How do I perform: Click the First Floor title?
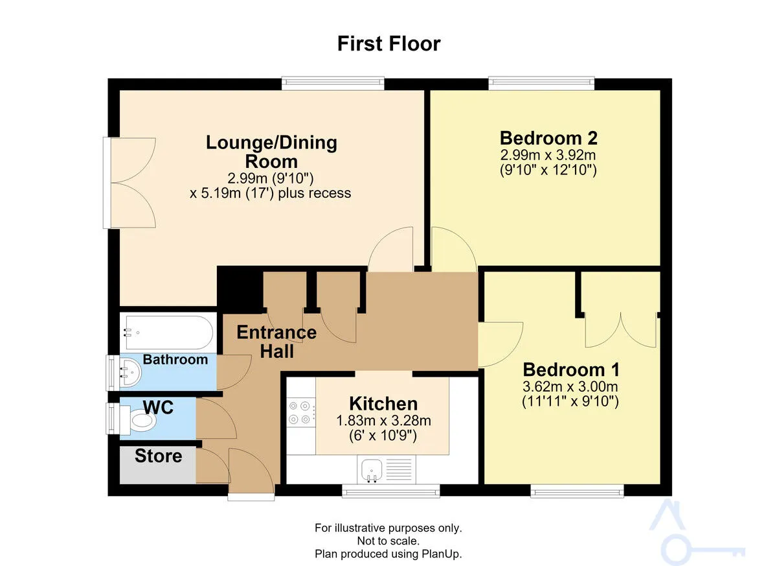(x=388, y=44)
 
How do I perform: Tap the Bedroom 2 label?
(x=548, y=138)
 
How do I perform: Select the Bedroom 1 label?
(x=571, y=370)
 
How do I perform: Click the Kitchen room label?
(x=383, y=403)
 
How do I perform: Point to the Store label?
(x=158, y=456)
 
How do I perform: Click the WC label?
(x=158, y=407)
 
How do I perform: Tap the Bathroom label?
(x=175, y=359)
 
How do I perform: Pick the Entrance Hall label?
(x=276, y=342)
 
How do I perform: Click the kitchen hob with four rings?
(x=300, y=412)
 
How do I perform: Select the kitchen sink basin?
(x=372, y=470)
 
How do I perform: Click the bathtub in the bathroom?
(x=169, y=333)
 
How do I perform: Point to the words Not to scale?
(x=388, y=541)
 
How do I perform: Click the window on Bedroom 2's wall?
(x=541, y=82)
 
